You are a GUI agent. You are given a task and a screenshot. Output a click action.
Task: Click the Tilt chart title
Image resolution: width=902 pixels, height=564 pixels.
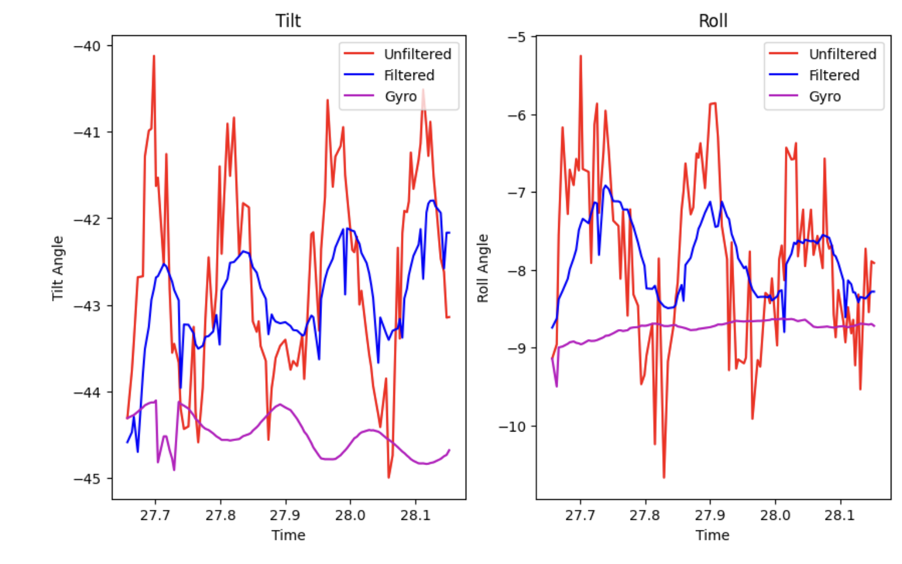pos(288,21)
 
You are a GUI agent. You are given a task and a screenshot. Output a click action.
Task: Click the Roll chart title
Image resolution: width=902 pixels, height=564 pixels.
pos(712,21)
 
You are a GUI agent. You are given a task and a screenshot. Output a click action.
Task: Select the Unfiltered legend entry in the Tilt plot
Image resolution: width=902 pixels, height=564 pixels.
pos(417,54)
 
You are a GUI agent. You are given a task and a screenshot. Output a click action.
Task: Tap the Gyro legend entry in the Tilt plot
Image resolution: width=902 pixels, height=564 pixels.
pos(400,97)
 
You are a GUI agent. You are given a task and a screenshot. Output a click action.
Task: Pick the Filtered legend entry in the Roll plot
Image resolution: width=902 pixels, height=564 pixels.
pos(834,75)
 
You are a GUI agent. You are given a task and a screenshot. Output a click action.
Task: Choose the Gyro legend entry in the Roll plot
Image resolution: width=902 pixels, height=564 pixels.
pos(824,97)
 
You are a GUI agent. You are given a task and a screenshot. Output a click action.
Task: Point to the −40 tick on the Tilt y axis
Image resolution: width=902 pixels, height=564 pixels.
pos(87,46)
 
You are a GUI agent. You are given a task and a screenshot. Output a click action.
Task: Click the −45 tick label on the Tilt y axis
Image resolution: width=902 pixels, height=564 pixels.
pos(87,479)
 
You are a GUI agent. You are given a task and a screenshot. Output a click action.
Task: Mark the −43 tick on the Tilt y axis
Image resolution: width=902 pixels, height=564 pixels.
pos(87,306)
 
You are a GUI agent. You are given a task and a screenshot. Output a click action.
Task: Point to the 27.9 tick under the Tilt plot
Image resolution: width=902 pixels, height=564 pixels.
pos(286,515)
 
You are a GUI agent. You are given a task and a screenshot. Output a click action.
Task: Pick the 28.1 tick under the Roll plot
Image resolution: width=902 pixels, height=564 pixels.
pos(840,515)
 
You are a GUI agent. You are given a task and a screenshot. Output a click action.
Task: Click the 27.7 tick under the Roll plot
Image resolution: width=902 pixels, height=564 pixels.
pos(580,515)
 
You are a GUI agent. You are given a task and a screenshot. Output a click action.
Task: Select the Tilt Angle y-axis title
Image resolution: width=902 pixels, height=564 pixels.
pos(58,268)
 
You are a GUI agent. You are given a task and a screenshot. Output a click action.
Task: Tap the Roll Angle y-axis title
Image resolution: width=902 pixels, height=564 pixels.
pos(483,268)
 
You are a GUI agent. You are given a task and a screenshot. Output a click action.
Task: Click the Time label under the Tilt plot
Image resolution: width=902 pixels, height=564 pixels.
pos(288,535)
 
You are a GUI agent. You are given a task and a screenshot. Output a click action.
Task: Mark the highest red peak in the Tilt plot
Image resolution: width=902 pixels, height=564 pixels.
pos(154,56)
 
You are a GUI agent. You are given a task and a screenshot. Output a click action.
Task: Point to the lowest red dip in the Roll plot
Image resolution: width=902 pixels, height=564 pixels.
pos(664,477)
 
